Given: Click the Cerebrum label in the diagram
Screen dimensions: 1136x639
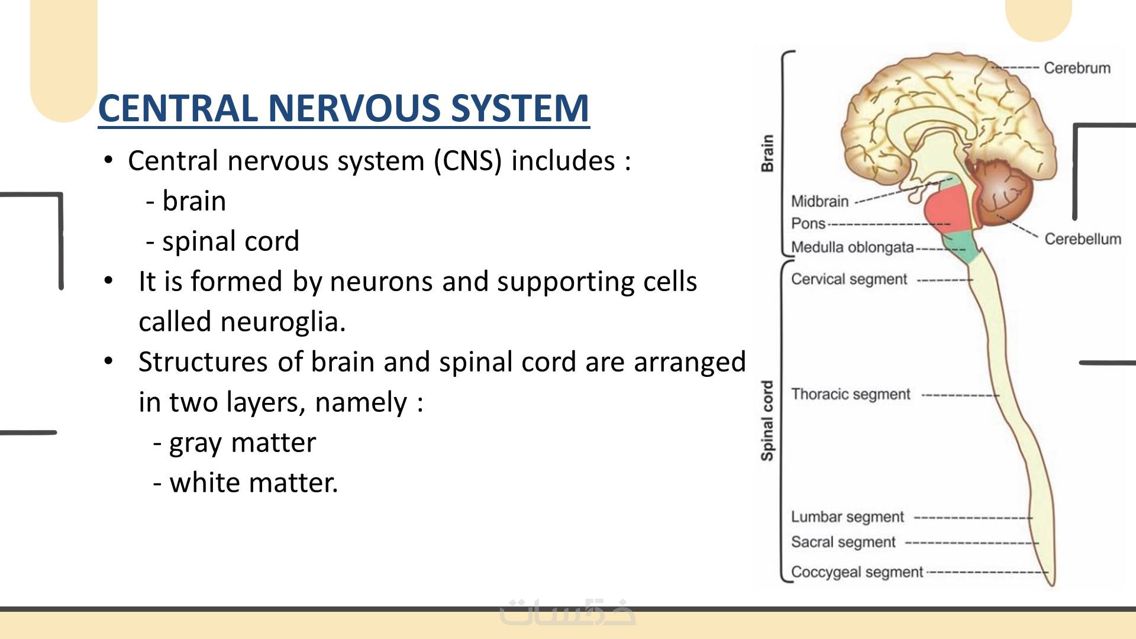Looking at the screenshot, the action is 1077,68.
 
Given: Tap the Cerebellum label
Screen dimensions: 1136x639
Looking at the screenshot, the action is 1083,239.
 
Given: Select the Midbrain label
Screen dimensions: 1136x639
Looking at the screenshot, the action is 820,202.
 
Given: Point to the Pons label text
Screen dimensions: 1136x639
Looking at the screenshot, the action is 808,224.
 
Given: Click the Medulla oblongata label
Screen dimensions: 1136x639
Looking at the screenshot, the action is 853,247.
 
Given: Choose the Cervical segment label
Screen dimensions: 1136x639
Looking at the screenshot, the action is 849,279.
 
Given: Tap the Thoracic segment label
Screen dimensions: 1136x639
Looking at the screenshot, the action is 851,395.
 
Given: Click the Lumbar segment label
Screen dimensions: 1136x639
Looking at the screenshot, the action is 848,517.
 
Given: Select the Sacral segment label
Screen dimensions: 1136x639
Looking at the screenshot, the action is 844,542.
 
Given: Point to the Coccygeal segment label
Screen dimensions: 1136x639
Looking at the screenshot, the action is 857,572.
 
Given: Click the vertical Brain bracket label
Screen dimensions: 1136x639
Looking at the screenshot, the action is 767,153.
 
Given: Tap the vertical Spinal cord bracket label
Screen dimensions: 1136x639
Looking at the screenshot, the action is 767,421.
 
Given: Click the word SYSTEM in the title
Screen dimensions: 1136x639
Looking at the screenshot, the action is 519,108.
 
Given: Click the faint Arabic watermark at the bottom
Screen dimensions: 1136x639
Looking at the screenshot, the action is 568,613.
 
